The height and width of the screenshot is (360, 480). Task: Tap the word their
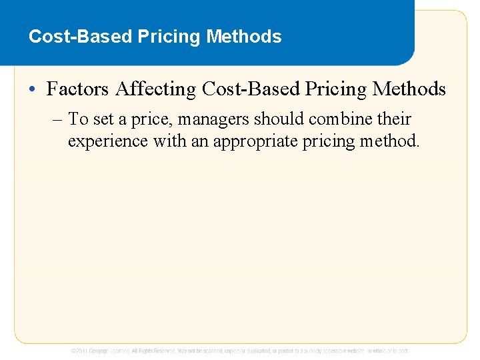(394, 120)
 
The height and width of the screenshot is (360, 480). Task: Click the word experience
(107, 142)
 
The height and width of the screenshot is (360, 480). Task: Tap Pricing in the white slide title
(170, 37)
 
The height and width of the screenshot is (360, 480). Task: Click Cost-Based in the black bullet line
(247, 89)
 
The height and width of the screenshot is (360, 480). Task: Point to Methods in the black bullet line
(409, 89)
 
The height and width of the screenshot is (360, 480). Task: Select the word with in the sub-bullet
(170, 142)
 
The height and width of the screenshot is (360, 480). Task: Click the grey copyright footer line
(240, 350)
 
